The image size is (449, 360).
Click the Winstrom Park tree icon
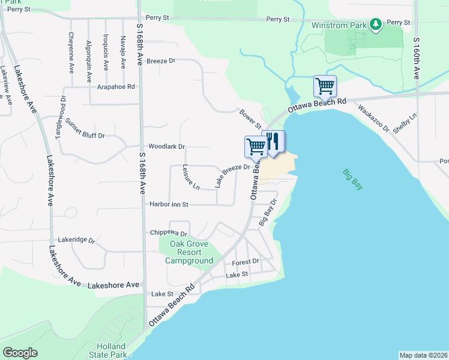click(x=376, y=25)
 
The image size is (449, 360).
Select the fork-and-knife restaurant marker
click(x=273, y=142)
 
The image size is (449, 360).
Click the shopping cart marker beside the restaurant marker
click(x=256, y=146)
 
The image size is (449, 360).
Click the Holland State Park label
click(x=112, y=350)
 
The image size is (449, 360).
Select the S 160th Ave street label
click(x=416, y=58)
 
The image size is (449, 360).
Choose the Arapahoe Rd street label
click(x=116, y=87)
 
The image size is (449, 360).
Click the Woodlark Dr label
click(x=166, y=146)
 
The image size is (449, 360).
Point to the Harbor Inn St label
click(x=169, y=205)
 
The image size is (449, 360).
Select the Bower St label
click(x=250, y=118)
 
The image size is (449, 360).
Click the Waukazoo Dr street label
click(x=374, y=119)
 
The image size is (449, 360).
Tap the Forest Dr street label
click(x=246, y=262)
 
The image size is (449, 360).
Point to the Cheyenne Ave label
click(x=71, y=52)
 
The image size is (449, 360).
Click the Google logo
click(x=20, y=353)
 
